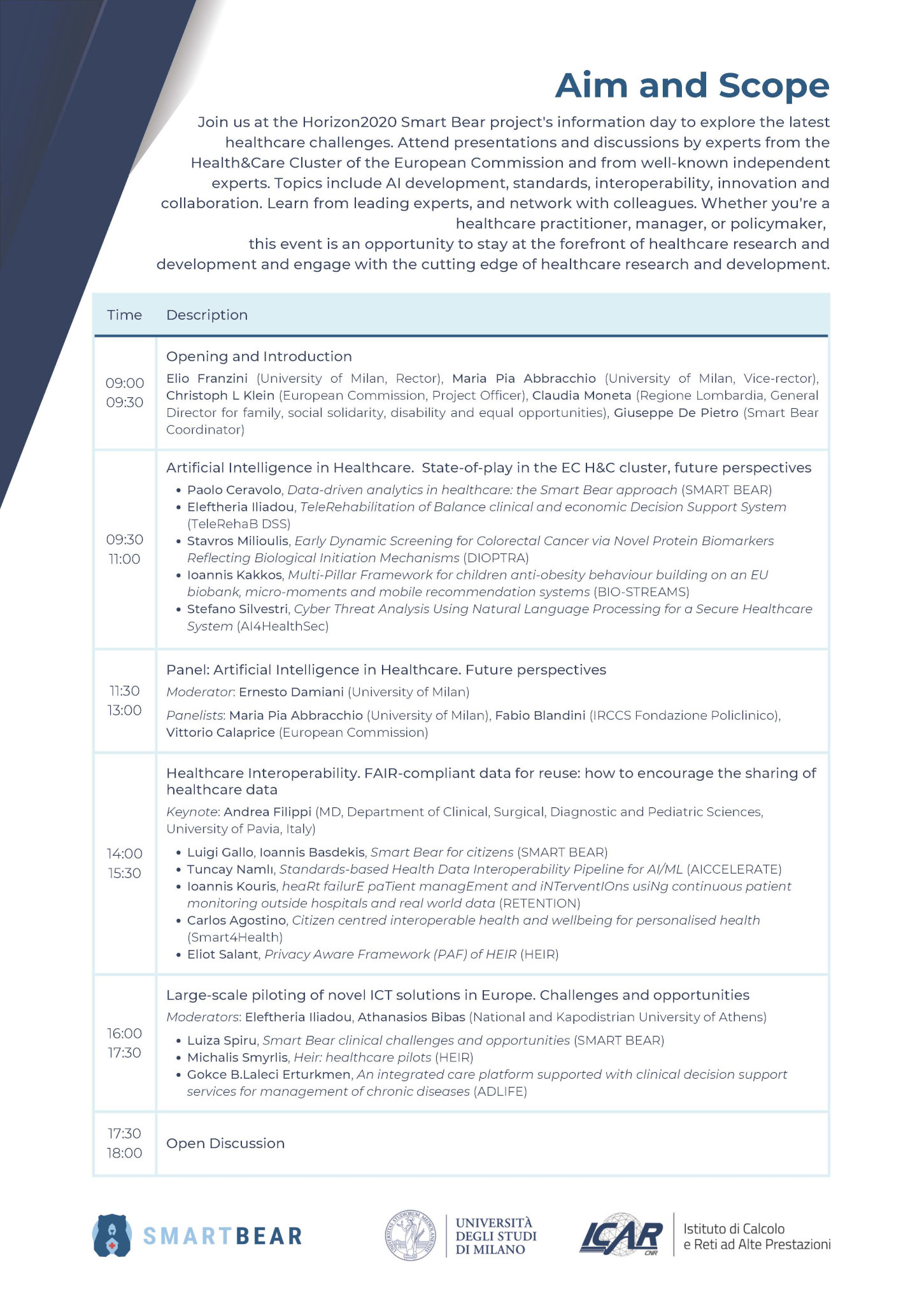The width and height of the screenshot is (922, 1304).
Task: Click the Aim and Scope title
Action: point(692,85)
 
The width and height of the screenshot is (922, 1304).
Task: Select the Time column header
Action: point(124,315)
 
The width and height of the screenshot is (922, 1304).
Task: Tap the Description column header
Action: point(207,315)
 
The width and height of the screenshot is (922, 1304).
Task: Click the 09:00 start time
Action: point(125,383)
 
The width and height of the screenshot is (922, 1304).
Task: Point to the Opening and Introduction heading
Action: point(259,357)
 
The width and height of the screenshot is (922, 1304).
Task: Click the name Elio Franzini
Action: point(207,378)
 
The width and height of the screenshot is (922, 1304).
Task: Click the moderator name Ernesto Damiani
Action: point(291,691)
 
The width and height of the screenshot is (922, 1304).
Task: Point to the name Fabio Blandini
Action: point(540,715)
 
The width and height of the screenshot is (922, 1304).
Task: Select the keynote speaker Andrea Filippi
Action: point(267,812)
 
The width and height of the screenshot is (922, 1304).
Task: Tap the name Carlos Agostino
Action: point(236,920)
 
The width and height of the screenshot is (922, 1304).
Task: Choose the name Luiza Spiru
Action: point(222,1040)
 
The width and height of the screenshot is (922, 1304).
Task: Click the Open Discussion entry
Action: point(225,1143)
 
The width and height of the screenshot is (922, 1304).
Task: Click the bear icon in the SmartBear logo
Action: point(112,1236)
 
